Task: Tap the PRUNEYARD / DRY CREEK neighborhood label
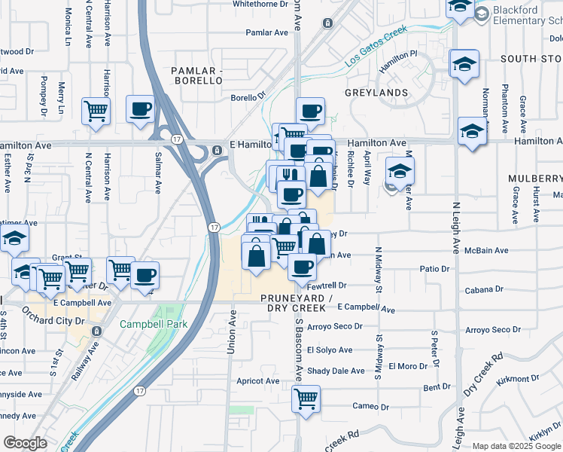297,304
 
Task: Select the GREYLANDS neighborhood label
376,93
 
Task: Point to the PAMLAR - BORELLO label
196,76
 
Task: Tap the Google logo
25,443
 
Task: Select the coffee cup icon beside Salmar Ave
140,109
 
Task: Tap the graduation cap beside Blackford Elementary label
459,8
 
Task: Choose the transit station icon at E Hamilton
218,149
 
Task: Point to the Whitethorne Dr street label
260,4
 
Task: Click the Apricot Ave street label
258,381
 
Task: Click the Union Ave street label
232,335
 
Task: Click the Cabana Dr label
484,289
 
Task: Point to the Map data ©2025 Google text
516,446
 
